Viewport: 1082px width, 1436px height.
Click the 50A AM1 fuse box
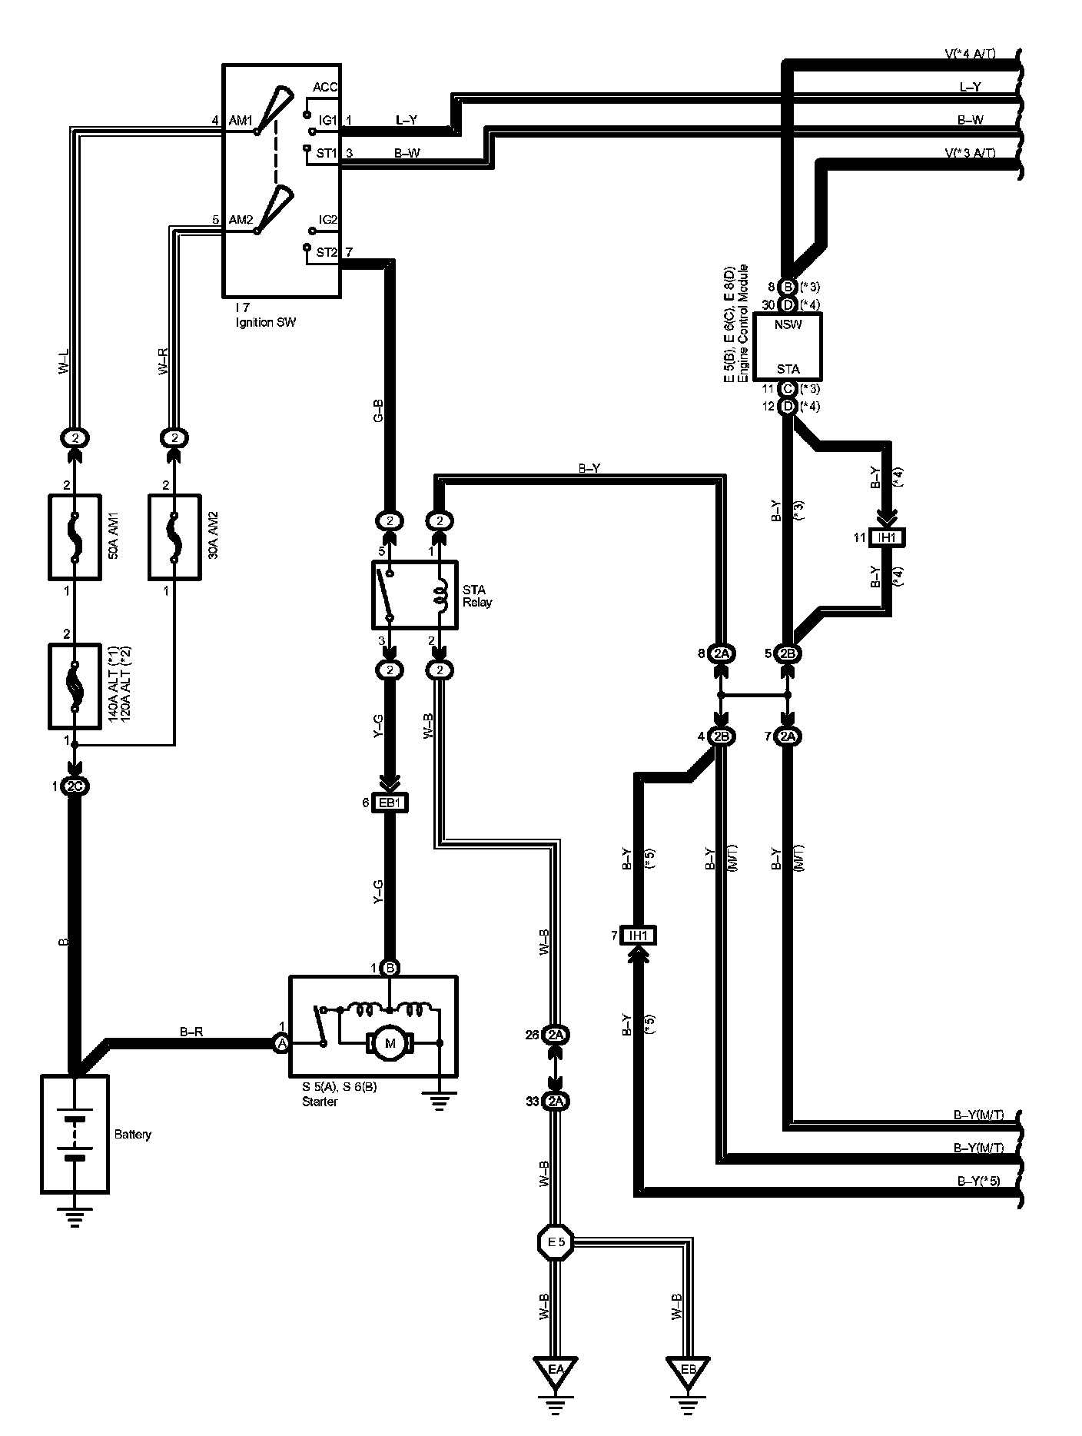(75, 537)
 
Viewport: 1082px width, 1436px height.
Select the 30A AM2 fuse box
(174, 537)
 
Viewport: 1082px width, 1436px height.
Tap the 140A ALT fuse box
(75, 686)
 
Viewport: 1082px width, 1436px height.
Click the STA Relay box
(415, 595)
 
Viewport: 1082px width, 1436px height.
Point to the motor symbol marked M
(390, 1043)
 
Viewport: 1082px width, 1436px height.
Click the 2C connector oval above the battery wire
(75, 786)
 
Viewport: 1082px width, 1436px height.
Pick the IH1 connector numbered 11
(887, 537)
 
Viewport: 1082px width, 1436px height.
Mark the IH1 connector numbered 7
(639, 936)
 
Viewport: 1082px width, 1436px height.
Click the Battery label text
(133, 1134)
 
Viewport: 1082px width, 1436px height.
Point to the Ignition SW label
(265, 322)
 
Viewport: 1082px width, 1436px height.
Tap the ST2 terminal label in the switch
(327, 251)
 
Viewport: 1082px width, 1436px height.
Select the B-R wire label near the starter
(191, 1032)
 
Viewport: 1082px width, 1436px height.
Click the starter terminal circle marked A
(282, 1043)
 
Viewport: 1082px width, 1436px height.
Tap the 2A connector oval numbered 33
(556, 1102)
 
